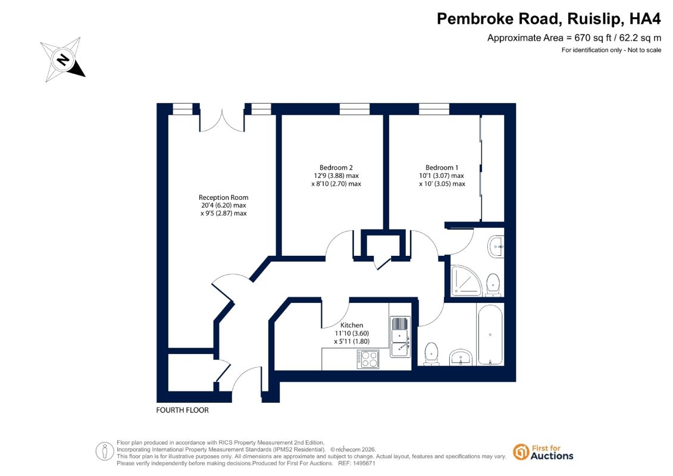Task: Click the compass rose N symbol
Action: click(x=63, y=59)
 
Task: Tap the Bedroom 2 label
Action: click(x=336, y=167)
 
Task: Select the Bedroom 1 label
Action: click(x=442, y=167)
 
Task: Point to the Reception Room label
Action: click(x=223, y=198)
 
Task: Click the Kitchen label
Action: click(x=352, y=325)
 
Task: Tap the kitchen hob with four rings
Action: click(x=368, y=359)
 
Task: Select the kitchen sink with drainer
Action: click(x=400, y=337)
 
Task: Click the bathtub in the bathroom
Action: click(x=490, y=335)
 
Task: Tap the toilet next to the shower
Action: click(x=493, y=285)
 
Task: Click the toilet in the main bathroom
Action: click(x=431, y=354)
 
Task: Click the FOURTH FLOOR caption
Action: click(x=183, y=411)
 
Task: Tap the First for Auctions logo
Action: click(x=543, y=452)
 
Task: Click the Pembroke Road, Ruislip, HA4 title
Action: click(x=549, y=19)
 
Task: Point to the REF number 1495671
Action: click(x=356, y=464)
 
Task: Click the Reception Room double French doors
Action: click(x=222, y=121)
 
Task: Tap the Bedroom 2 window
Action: click(x=355, y=109)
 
